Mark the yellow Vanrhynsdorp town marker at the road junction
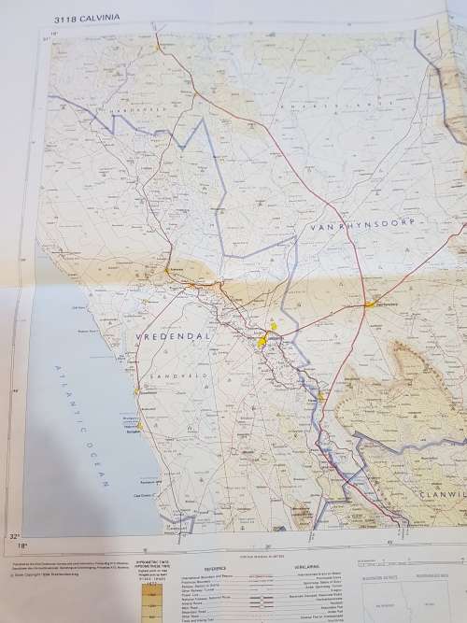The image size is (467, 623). point(370,304)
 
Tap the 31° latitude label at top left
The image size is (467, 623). point(44,39)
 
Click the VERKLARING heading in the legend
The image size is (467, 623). point(307,567)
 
